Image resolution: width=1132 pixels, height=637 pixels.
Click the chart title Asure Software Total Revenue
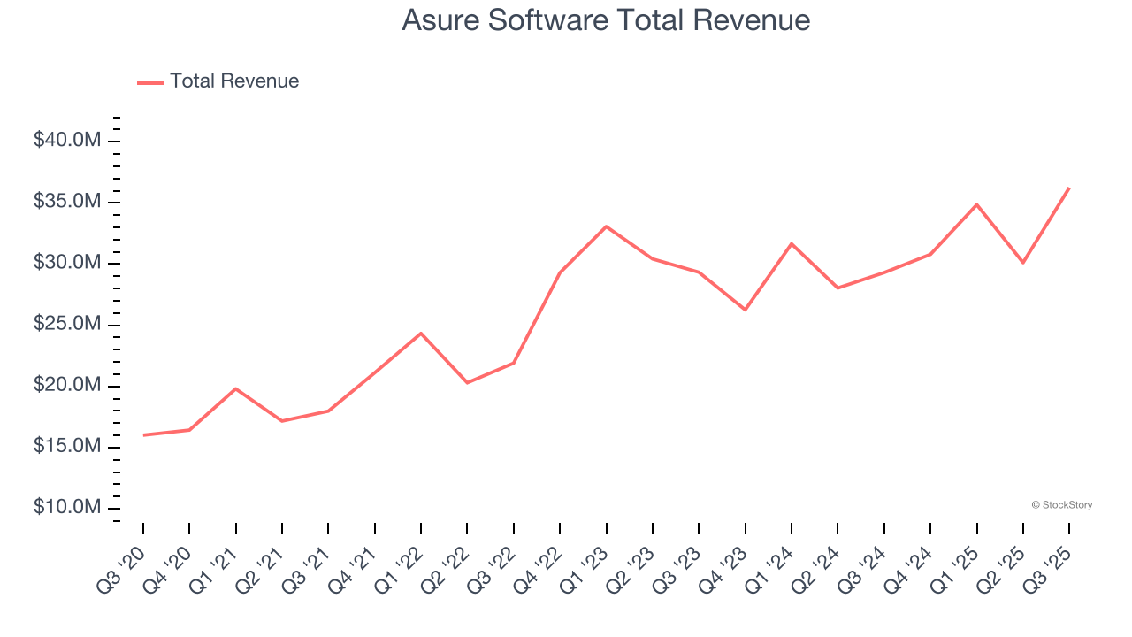point(606,20)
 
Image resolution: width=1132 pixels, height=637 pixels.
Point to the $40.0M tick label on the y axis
point(66,141)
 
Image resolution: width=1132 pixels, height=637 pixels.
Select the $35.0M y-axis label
point(66,202)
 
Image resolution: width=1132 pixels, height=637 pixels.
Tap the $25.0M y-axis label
point(66,325)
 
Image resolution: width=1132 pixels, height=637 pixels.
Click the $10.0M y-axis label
point(66,508)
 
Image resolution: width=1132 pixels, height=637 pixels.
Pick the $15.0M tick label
point(66,447)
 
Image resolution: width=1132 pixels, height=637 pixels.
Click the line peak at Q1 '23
point(606,226)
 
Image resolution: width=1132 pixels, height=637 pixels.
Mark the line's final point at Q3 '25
point(1068,188)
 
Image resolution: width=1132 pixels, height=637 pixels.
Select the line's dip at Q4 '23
point(745,310)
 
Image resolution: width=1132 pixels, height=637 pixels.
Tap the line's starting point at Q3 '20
point(143,434)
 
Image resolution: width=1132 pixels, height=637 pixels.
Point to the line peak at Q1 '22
point(421,334)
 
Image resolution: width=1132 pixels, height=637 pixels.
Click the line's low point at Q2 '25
point(1022,263)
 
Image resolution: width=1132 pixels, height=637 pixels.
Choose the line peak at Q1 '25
point(976,204)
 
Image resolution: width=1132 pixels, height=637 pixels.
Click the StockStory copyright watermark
point(1061,505)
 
